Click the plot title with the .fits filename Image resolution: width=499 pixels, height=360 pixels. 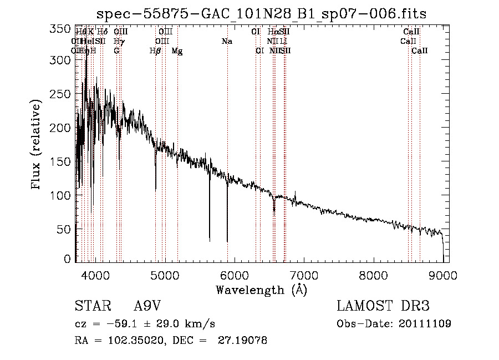pyautogui.click(x=261, y=14)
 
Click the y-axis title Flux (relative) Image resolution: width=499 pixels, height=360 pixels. pyautogui.click(x=37, y=145)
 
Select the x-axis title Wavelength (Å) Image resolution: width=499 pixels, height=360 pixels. pyautogui.click(x=261, y=290)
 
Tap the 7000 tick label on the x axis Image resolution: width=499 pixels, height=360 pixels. pyautogui.click(x=303, y=275)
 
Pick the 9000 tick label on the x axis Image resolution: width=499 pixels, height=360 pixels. pyautogui.click(x=442, y=275)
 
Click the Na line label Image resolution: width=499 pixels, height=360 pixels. pyautogui.click(x=226, y=42)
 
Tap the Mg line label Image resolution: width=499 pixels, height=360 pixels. pyautogui.click(x=177, y=51)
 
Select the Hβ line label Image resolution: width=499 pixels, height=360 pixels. pyautogui.click(x=156, y=51)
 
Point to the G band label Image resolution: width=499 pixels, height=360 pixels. pyautogui.click(x=116, y=51)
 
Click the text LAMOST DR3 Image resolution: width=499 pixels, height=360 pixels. pyautogui.click(x=383, y=306)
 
